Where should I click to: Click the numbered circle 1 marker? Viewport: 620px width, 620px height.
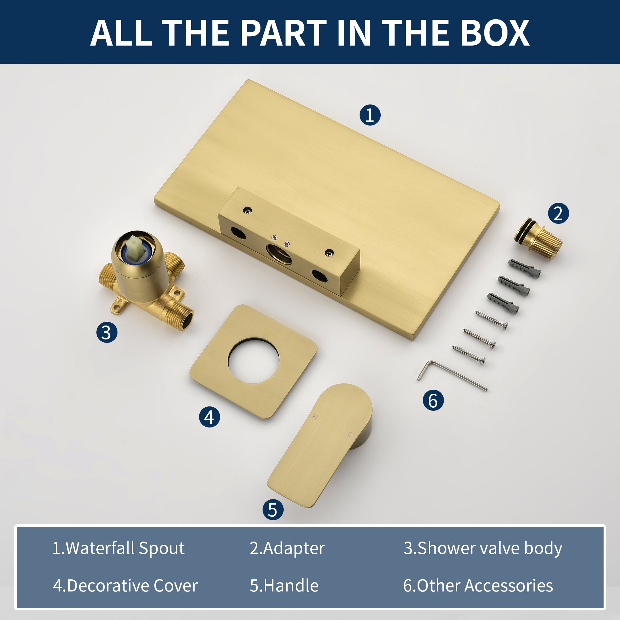click(370, 115)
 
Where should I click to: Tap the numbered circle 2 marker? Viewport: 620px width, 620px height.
click(558, 213)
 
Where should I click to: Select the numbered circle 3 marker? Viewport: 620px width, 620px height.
click(107, 332)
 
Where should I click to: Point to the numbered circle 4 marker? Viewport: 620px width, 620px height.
click(209, 417)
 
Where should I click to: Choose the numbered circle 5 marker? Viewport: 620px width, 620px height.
click(273, 510)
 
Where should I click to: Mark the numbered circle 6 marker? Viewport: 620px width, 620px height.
click(433, 400)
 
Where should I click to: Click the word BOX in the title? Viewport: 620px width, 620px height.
click(494, 33)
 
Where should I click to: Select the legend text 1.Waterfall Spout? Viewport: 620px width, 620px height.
click(118, 548)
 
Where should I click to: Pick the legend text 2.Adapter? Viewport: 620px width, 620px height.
click(287, 548)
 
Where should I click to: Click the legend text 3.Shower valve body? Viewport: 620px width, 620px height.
click(483, 548)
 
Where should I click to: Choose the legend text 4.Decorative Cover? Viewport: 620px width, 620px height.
click(126, 586)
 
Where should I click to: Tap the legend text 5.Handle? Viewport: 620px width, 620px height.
click(284, 586)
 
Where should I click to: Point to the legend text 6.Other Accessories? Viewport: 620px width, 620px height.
click(478, 586)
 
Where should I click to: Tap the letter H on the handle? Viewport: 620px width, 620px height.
click(315, 417)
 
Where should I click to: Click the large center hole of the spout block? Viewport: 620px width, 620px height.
click(279, 254)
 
